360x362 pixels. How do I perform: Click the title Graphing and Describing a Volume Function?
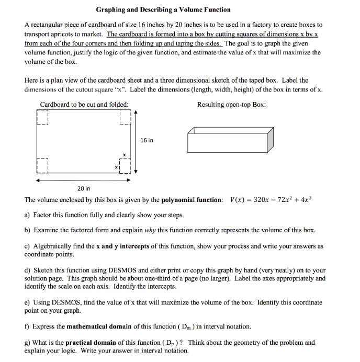click(x=163, y=9)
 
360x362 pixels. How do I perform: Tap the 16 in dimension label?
click(x=147, y=140)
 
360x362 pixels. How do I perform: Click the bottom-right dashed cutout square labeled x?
click(x=125, y=166)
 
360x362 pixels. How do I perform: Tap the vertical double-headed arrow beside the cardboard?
click(x=136, y=141)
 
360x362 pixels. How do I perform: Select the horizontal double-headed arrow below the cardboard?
click(x=83, y=179)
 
